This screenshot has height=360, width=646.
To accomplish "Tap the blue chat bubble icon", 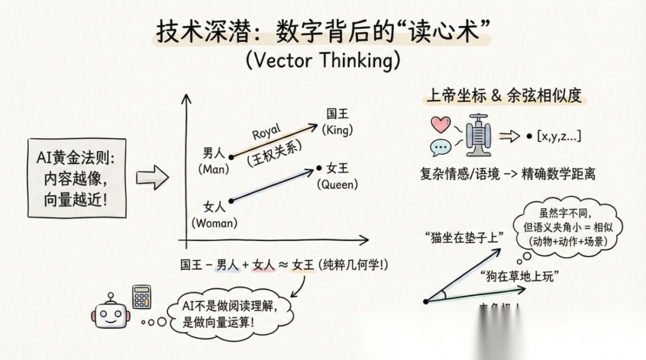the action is click(x=441, y=147).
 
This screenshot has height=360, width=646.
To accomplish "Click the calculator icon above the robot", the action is click(x=142, y=296).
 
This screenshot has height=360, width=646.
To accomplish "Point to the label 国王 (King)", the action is click(x=338, y=121).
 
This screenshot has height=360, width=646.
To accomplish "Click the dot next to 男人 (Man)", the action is click(x=232, y=157).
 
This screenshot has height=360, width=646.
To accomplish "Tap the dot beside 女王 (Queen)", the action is click(x=319, y=169).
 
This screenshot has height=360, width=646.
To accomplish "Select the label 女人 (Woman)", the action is click(x=214, y=215).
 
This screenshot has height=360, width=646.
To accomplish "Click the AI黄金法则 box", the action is click(x=77, y=178).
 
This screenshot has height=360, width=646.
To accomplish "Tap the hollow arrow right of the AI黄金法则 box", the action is click(x=152, y=178).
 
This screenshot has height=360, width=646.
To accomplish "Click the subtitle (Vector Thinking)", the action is click(x=322, y=60).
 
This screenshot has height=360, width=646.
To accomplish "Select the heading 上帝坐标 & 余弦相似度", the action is click(x=504, y=96).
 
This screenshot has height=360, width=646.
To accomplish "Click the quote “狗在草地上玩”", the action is click(x=519, y=276).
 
